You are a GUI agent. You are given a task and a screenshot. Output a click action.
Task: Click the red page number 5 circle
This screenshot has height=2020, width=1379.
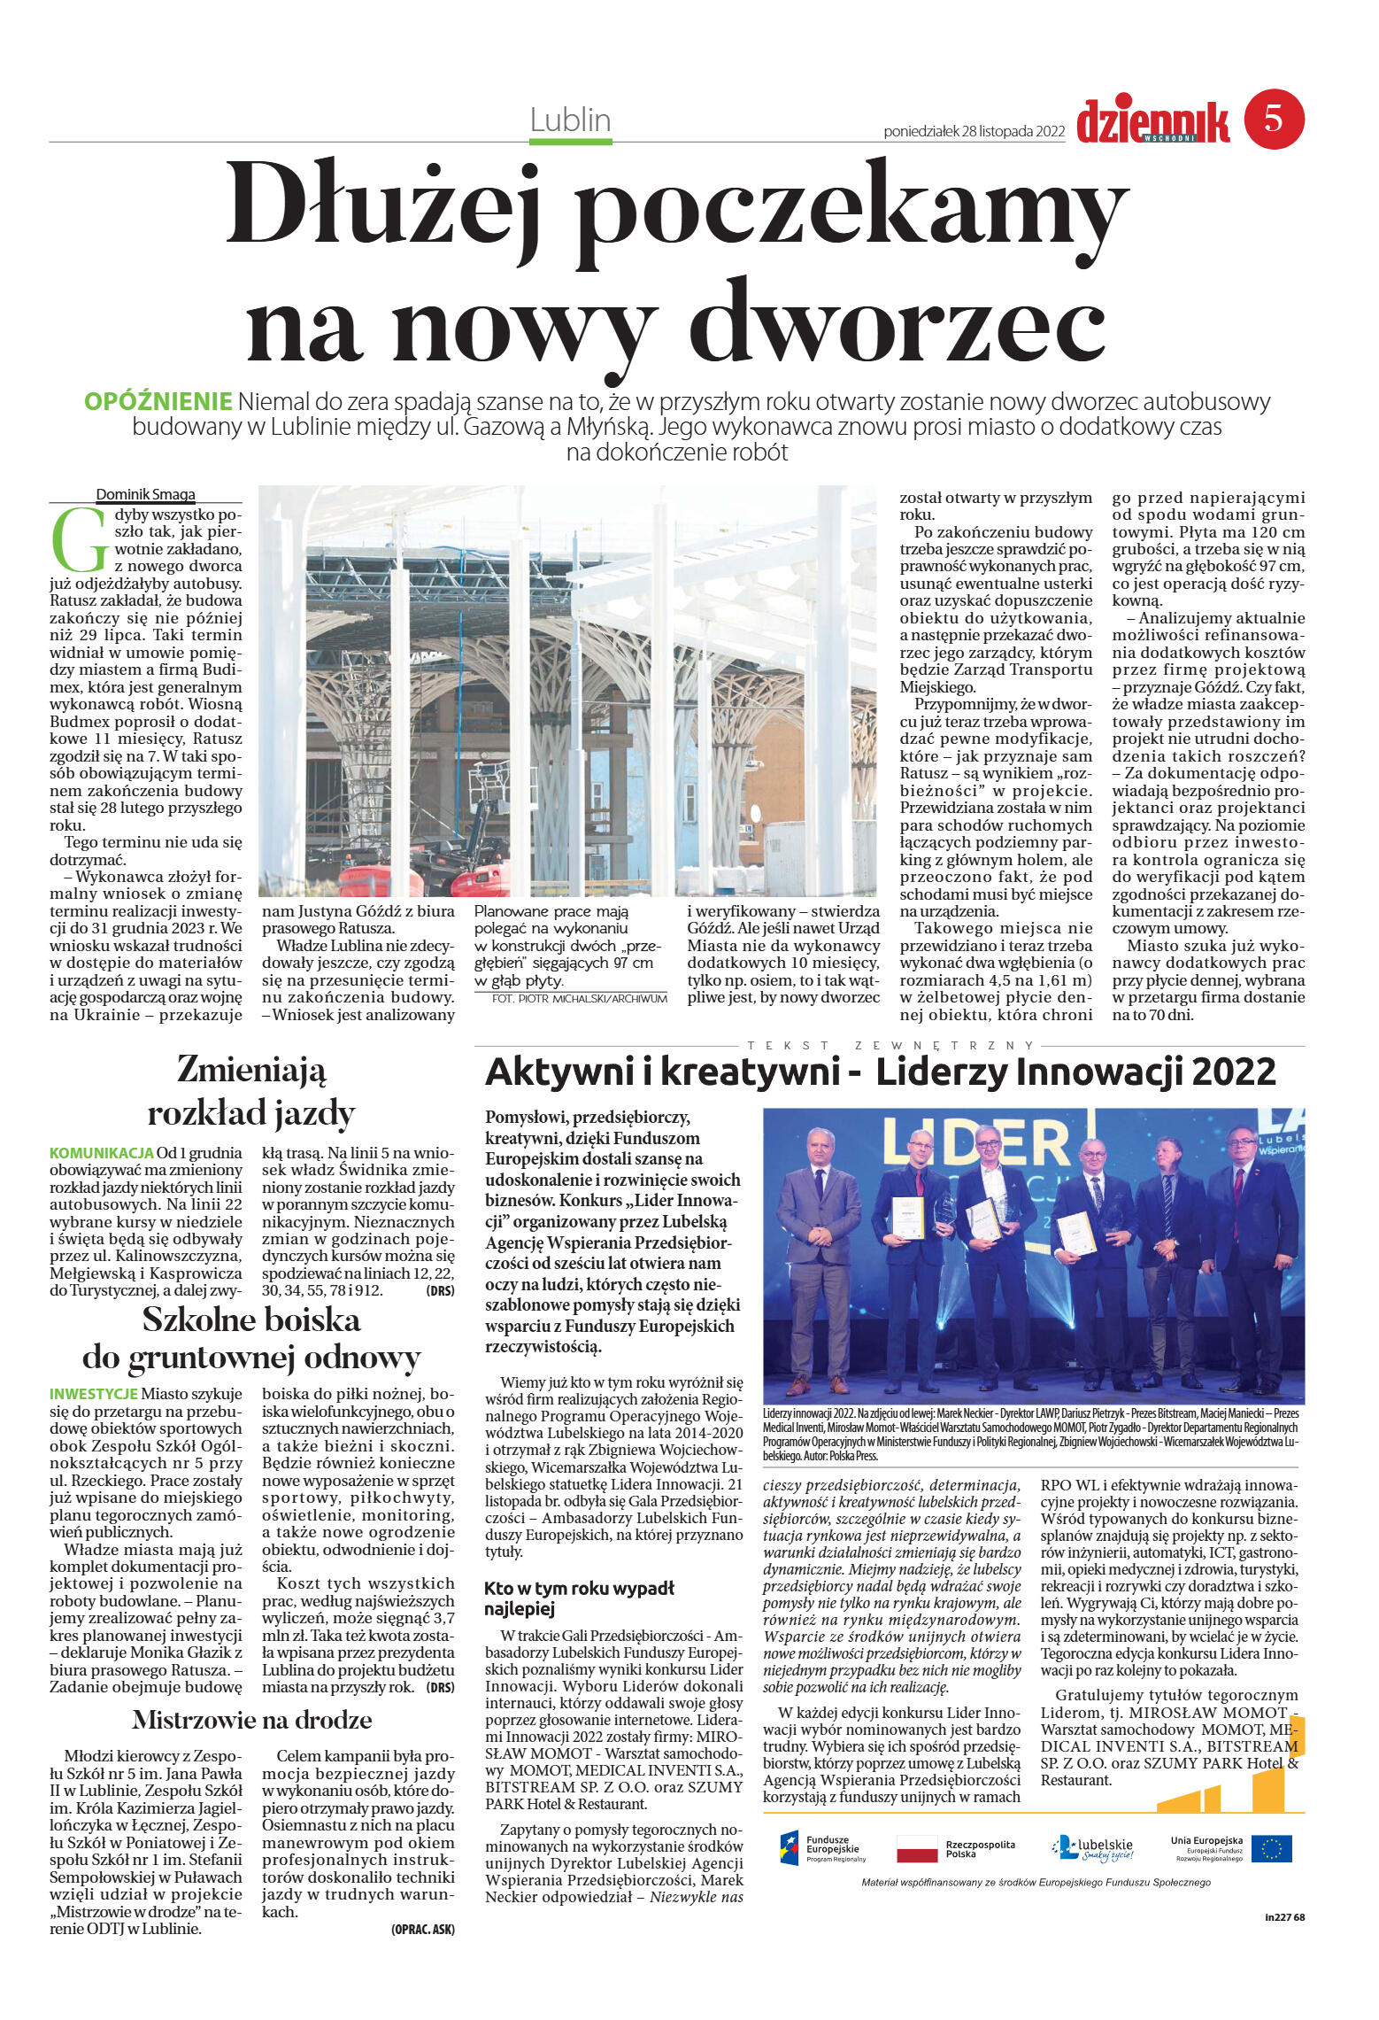pyautogui.click(x=1274, y=118)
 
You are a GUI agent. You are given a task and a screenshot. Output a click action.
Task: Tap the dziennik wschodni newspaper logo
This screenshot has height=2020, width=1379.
pyautogui.click(x=1152, y=122)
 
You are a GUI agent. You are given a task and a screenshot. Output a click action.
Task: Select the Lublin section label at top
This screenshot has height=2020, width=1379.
pyautogui.click(x=570, y=120)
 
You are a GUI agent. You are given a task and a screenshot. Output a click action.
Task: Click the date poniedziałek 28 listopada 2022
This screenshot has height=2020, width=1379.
pyautogui.click(x=974, y=131)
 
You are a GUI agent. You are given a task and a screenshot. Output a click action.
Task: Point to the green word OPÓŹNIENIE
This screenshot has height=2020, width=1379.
pyautogui.click(x=158, y=401)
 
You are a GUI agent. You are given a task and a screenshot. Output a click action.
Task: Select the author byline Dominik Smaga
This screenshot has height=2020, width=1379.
pyautogui.click(x=145, y=495)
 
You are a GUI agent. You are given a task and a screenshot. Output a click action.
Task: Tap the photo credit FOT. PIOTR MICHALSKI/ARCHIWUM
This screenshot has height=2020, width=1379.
pyautogui.click(x=579, y=999)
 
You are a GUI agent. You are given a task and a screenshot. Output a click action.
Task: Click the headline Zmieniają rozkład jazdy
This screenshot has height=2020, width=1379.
pyautogui.click(x=251, y=1090)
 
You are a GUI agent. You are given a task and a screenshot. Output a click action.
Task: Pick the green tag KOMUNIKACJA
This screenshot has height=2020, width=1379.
pyautogui.click(x=102, y=1153)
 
